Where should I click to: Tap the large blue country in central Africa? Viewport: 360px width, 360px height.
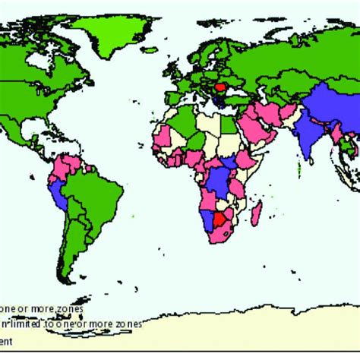coord(219,183)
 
